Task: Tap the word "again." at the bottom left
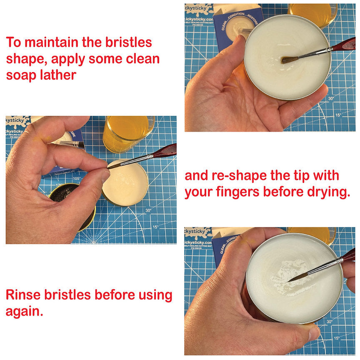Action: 24,311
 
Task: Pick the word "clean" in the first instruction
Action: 140,59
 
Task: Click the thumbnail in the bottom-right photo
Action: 313,332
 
